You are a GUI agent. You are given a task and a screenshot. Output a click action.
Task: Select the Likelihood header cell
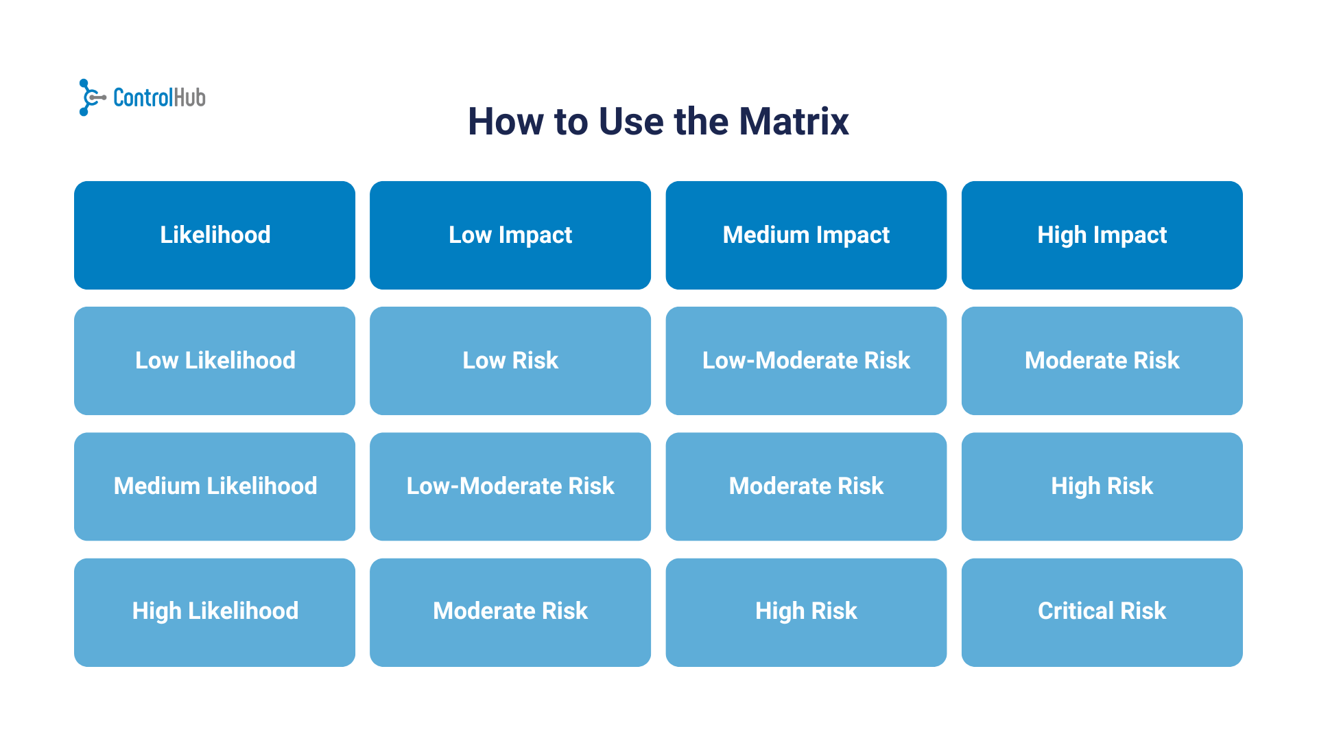point(215,235)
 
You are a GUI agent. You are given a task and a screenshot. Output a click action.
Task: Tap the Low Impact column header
point(510,235)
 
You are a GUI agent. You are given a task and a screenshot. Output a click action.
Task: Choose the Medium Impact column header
point(806,235)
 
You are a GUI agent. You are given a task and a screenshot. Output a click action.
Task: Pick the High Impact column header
point(1102,235)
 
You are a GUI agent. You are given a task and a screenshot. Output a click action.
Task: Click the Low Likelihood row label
point(215,361)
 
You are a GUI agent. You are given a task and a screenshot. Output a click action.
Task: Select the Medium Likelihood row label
point(215,486)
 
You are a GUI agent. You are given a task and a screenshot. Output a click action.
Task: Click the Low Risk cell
point(510,361)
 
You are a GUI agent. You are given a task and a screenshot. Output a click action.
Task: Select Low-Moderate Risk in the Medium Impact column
point(806,361)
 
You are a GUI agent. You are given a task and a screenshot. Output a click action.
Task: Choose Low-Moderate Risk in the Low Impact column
point(510,486)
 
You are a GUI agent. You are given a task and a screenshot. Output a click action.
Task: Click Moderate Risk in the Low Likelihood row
point(1102,361)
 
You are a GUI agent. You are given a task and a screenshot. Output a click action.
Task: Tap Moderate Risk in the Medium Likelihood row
point(806,486)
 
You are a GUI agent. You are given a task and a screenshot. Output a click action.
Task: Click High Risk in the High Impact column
point(1102,486)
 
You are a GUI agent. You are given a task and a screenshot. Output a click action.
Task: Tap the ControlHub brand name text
point(159,98)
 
